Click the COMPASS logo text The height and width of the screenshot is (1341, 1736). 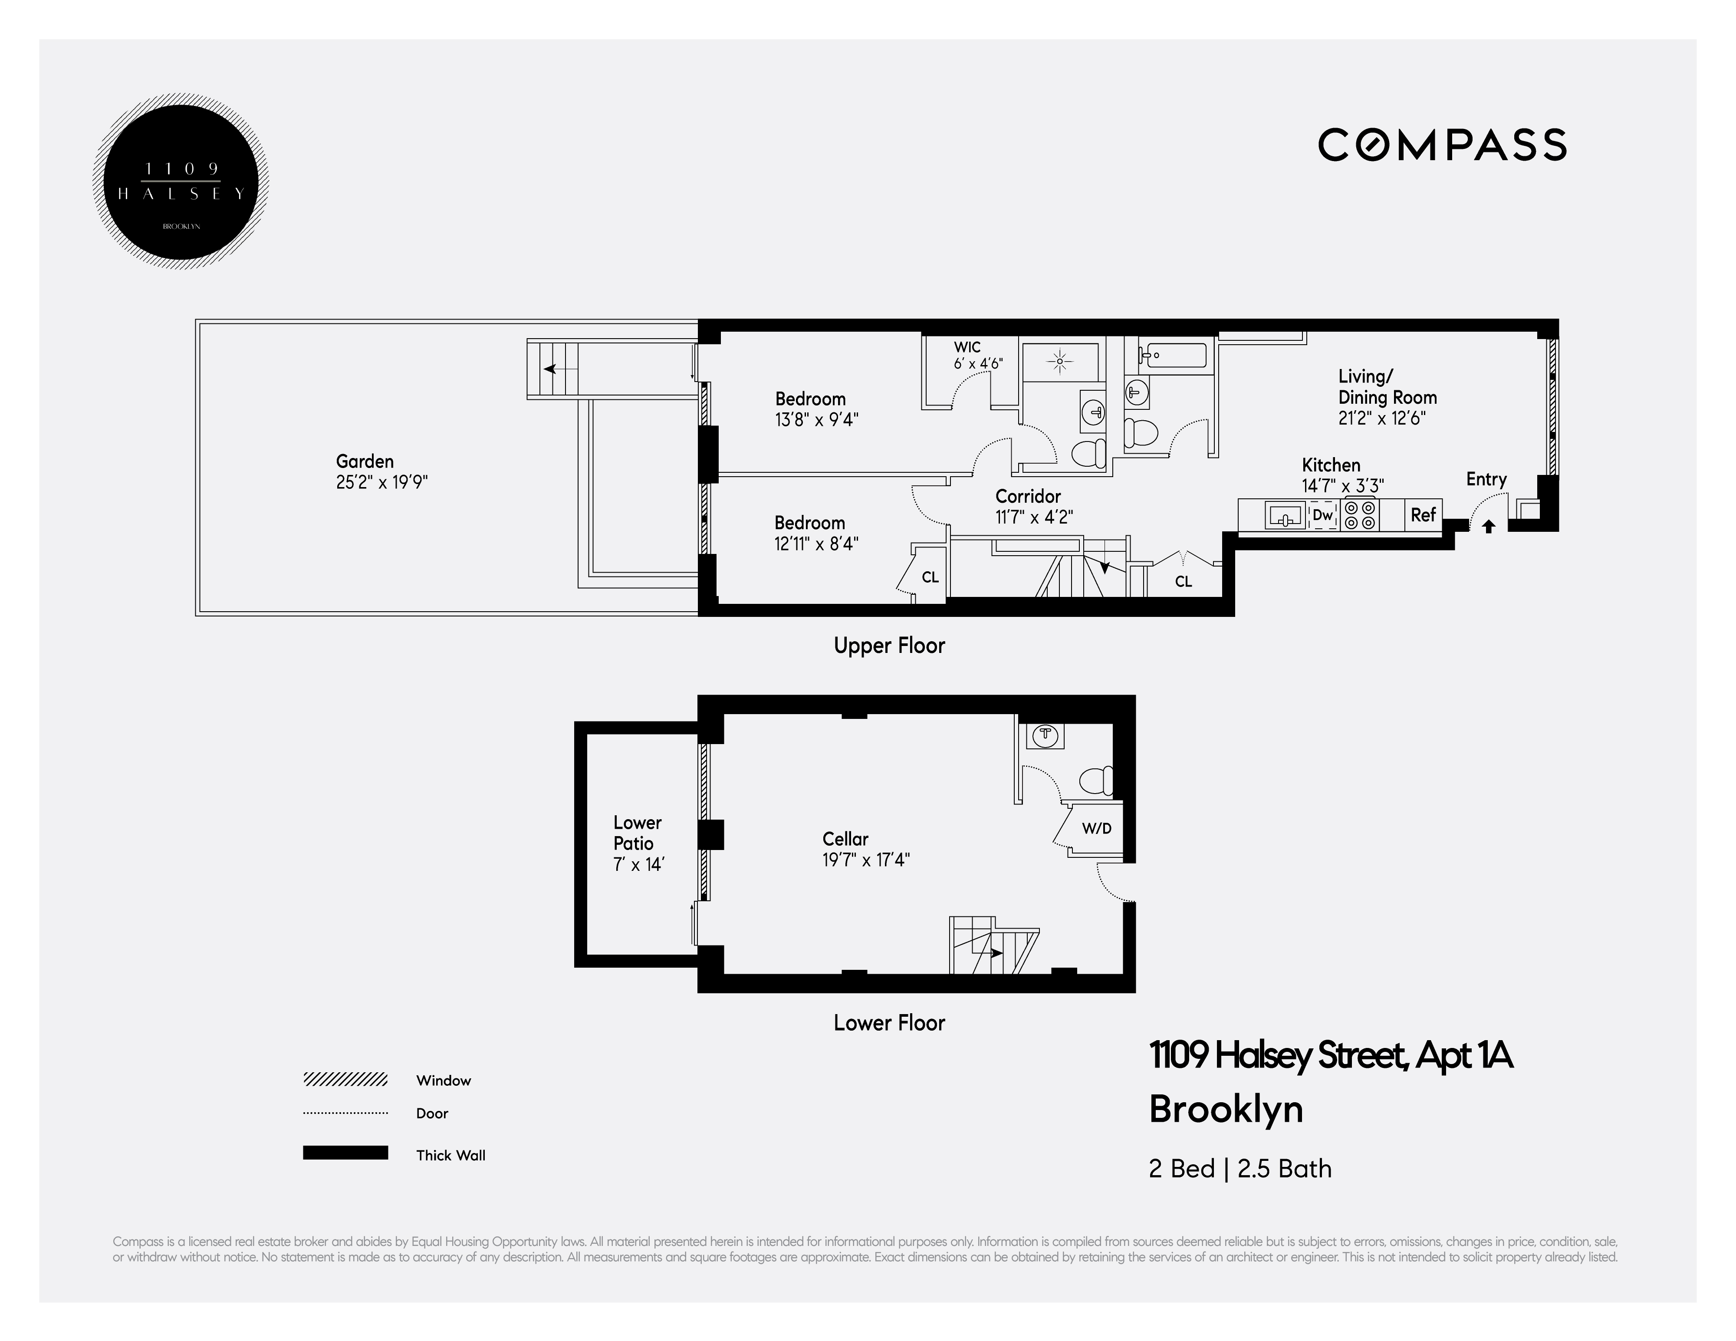[x=1442, y=145]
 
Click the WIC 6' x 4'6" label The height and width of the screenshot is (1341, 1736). [x=978, y=355]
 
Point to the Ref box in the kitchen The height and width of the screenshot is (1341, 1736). [x=1423, y=515]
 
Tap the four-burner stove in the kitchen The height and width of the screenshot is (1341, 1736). [x=1359, y=515]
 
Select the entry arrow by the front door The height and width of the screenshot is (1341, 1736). [x=1489, y=526]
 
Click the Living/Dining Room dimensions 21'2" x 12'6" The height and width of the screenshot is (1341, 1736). [x=1381, y=418]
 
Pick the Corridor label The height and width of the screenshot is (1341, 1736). [x=1028, y=496]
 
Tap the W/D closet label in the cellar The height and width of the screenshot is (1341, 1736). [x=1096, y=828]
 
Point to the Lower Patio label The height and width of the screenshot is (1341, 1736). [x=638, y=833]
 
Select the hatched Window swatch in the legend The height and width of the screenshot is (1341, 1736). [x=345, y=1080]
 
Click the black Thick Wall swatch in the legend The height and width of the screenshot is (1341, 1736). [x=345, y=1153]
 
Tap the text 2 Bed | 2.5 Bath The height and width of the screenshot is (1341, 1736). [x=1240, y=1169]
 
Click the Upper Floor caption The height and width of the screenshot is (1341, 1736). [x=889, y=646]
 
